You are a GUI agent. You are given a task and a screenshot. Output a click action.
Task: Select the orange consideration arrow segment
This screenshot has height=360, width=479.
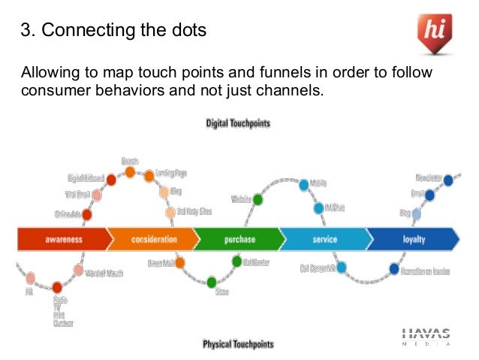pyautogui.click(x=153, y=240)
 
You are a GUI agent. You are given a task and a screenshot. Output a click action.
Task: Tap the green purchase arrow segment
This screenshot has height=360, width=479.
pyautogui.click(x=239, y=240)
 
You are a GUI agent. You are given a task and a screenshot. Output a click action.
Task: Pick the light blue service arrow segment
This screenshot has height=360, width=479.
pyautogui.click(x=324, y=240)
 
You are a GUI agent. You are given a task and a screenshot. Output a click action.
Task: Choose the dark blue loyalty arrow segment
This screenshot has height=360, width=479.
pyautogui.click(x=413, y=240)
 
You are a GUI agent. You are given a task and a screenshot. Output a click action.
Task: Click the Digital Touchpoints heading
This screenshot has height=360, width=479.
pyautogui.click(x=238, y=123)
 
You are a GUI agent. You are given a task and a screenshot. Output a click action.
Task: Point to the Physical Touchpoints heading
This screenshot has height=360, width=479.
pyautogui.click(x=238, y=344)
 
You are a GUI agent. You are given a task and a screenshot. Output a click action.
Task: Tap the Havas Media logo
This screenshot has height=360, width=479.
pyautogui.click(x=426, y=337)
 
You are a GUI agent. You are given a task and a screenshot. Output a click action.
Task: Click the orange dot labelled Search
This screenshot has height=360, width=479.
pyautogui.click(x=130, y=172)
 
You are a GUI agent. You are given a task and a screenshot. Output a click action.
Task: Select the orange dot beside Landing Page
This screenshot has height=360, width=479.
pyautogui.click(x=149, y=177)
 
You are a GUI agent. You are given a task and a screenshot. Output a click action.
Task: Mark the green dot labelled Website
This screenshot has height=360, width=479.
pyautogui.click(x=258, y=199)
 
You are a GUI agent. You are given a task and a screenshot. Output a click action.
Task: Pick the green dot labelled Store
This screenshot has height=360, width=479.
pyautogui.click(x=212, y=282)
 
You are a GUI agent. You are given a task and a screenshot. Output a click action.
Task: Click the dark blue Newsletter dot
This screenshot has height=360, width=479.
pyautogui.click(x=448, y=180)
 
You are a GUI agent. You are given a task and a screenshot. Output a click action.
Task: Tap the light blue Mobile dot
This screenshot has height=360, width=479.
pyautogui.click(x=304, y=184)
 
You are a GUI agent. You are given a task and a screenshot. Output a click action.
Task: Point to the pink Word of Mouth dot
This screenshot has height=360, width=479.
pyautogui.click(x=78, y=271)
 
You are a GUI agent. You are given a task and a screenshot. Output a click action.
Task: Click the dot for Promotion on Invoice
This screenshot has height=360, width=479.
pyautogui.click(x=394, y=268)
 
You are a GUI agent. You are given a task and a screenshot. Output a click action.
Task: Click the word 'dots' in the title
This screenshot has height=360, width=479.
pyautogui.click(x=188, y=32)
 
